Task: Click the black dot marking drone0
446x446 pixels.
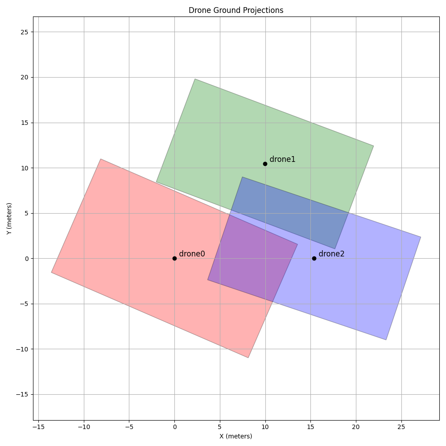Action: pos(174,258)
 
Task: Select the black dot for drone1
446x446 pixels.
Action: pos(265,164)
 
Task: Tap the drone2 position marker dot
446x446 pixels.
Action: pos(314,258)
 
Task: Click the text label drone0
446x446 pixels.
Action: pos(192,254)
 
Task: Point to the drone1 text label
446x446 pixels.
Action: pos(282,159)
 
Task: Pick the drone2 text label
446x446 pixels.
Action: pos(331,254)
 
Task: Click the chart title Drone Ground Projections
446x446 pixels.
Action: pos(236,10)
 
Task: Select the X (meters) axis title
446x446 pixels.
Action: pos(235,436)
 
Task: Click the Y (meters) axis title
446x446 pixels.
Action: pos(9,219)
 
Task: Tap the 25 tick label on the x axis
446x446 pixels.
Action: pos(401,427)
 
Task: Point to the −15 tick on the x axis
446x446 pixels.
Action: pos(38,427)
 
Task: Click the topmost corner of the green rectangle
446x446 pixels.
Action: pos(195,79)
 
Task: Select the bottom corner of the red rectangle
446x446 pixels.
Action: pos(248,357)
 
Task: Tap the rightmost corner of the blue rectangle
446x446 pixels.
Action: pos(421,237)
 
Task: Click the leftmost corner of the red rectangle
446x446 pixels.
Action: pos(51,272)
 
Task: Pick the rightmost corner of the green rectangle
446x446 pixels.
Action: pos(373,146)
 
